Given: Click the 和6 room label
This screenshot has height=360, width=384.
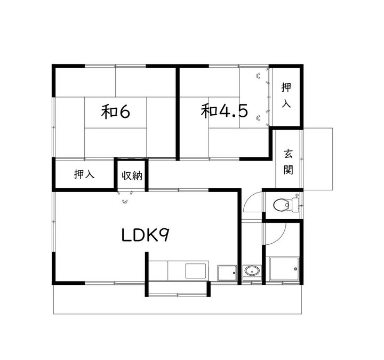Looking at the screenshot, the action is coord(115,111).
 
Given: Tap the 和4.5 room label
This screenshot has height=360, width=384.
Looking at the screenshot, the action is coord(224,111).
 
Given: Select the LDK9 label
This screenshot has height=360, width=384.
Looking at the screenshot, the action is coord(145,235).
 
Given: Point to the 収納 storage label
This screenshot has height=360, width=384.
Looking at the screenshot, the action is coord(132,175).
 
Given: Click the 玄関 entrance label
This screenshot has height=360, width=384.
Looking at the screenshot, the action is coord(288,162).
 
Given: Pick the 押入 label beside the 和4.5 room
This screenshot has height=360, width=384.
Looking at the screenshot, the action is coord(286,95).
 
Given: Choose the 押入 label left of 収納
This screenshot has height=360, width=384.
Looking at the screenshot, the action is coord(84,174).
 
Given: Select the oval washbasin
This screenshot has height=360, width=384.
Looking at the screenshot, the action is coord(252,271).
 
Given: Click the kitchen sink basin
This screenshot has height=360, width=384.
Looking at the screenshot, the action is coord(195,271).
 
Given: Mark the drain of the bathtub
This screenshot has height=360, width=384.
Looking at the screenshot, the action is coord(296,269).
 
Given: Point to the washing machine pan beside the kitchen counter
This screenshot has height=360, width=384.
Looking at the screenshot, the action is coord(227,273).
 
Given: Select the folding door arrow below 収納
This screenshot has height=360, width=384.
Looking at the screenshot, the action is coord(125,202).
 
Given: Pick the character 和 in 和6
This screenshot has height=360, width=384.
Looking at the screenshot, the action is coord(108,111).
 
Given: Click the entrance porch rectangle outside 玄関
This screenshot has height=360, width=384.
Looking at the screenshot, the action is coord(318,159).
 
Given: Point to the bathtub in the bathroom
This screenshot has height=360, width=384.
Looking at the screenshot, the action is coord(284,269).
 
